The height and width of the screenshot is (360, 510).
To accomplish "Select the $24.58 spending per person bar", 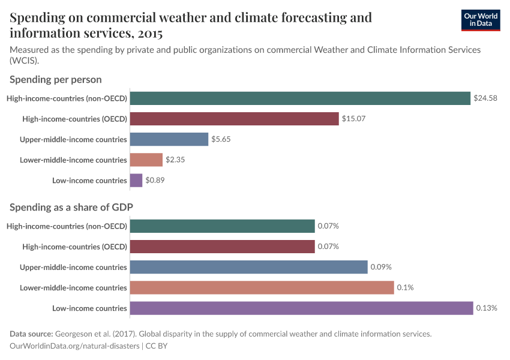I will (x=300, y=98).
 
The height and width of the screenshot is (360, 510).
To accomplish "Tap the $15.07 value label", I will (x=353, y=119).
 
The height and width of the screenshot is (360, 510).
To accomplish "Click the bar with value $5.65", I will (x=169, y=139).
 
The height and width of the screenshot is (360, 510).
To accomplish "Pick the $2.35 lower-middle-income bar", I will (x=146, y=160).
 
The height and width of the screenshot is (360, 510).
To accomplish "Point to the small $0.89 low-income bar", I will (x=136, y=180).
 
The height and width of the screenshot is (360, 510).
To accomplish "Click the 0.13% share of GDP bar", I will (x=301, y=308).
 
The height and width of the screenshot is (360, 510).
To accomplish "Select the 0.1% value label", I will (x=405, y=287).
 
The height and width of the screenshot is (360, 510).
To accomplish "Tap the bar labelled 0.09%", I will (x=248, y=267).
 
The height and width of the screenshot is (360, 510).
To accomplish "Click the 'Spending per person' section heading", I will (x=56, y=79).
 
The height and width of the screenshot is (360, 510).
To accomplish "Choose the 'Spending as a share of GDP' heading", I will (x=71, y=207).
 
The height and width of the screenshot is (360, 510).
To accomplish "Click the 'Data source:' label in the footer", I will (x=31, y=334).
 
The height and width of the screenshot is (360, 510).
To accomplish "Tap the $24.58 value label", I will (x=485, y=98).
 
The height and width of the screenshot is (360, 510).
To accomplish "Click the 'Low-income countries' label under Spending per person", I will (x=90, y=180).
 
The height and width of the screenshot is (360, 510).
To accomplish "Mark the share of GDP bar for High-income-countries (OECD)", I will (x=222, y=247).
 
